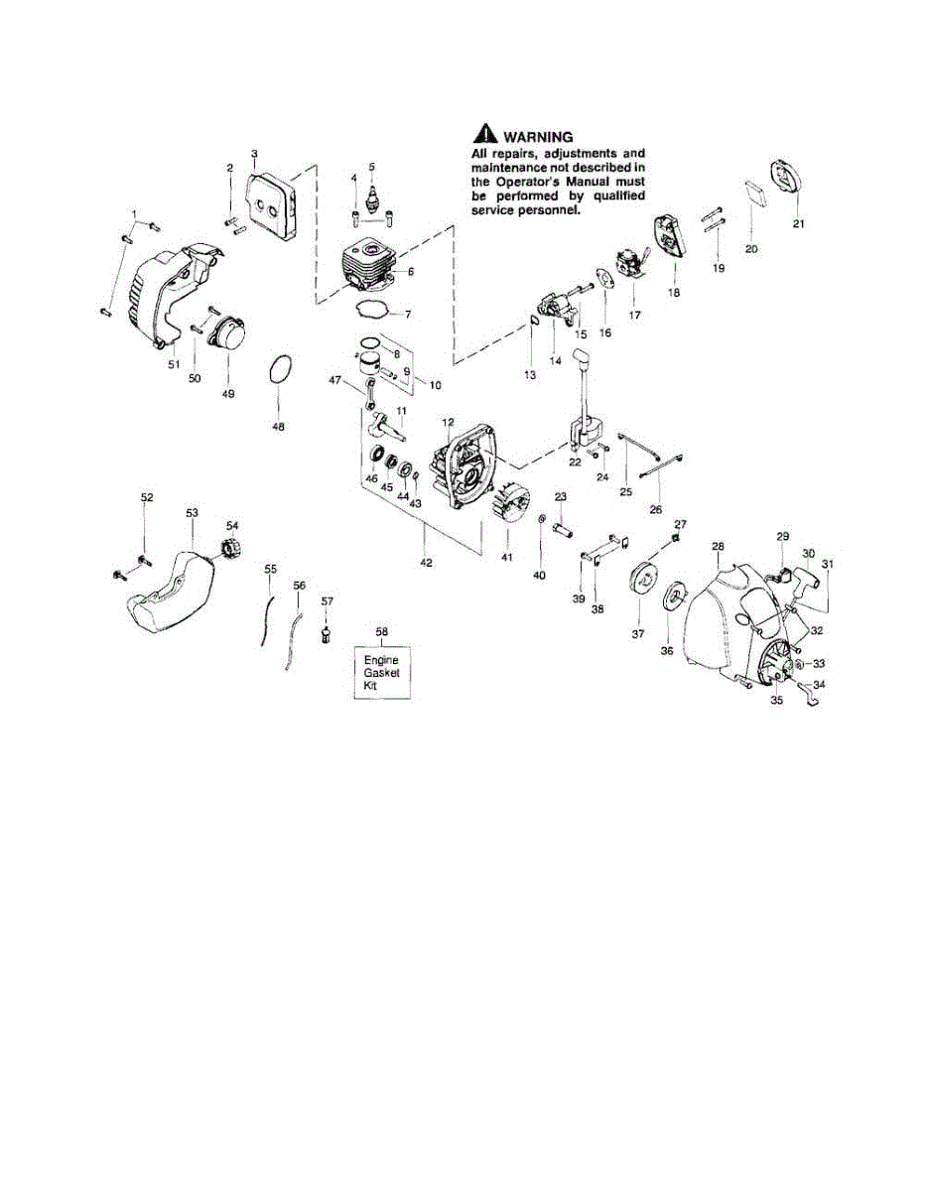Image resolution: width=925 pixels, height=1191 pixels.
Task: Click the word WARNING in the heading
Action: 540,136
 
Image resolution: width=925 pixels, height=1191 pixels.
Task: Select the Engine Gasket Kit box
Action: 381,672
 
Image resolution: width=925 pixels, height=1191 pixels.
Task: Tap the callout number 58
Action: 381,631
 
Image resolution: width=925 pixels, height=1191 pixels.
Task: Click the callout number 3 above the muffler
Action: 254,154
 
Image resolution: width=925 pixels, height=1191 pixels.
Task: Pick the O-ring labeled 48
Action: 280,375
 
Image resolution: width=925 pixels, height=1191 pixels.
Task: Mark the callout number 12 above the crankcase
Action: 448,423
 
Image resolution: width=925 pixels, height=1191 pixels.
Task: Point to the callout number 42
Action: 426,563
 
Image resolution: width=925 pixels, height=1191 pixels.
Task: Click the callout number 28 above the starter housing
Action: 718,547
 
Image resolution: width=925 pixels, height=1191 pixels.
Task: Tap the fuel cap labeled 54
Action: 230,547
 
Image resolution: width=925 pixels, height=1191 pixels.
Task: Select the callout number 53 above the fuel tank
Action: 192,513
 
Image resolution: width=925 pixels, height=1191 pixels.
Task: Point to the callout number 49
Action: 228,394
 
